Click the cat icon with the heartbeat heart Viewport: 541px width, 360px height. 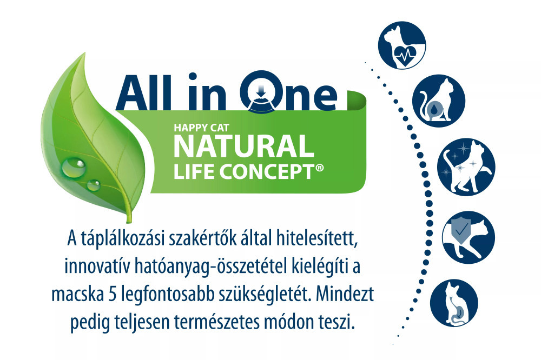pos(402,45)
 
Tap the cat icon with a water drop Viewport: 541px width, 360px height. pos(439,101)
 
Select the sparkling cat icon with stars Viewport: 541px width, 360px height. pos(466,167)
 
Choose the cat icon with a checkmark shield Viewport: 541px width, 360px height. pos(469,238)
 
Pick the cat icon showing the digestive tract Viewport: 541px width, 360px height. pos(454,303)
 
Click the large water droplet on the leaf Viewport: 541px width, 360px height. pos(73,166)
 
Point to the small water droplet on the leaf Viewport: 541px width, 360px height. pos(93,185)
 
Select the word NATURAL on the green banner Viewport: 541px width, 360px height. pos(243,146)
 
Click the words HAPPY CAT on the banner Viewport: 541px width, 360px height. pos(201,128)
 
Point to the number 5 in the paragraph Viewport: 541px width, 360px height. pos(112,294)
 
